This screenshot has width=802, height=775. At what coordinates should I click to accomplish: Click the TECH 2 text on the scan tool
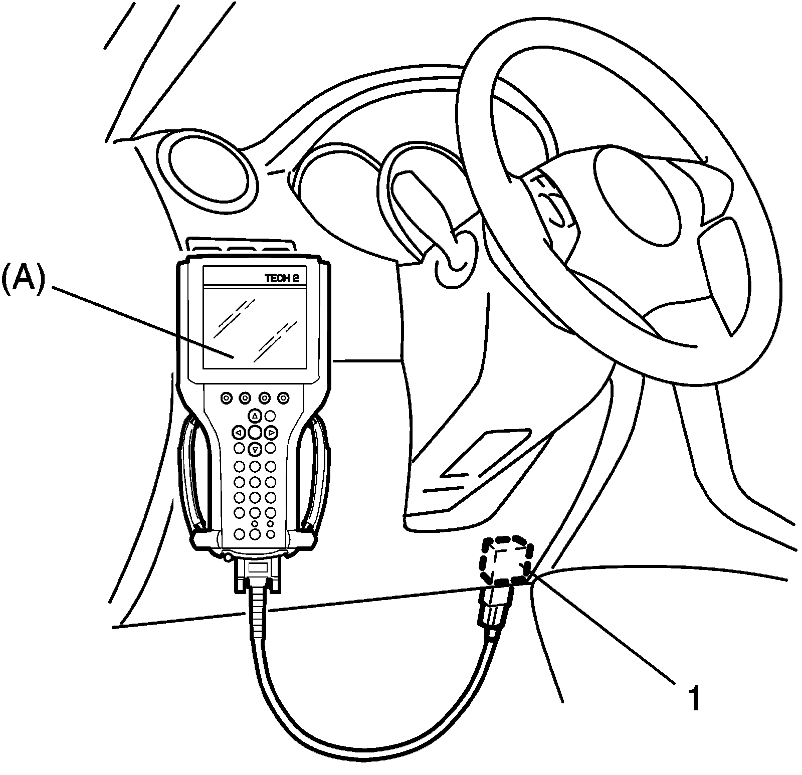pyautogui.click(x=282, y=278)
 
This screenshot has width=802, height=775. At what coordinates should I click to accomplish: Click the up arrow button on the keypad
pyautogui.click(x=255, y=416)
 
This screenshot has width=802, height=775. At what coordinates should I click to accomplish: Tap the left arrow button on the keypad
pyautogui.click(x=239, y=432)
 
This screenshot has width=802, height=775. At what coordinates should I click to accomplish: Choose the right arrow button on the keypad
pyautogui.click(x=271, y=432)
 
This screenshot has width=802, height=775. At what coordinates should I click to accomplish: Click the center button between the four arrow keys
pyautogui.click(x=255, y=432)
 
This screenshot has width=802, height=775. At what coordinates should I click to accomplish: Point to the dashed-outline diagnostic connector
pyautogui.click(x=505, y=560)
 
